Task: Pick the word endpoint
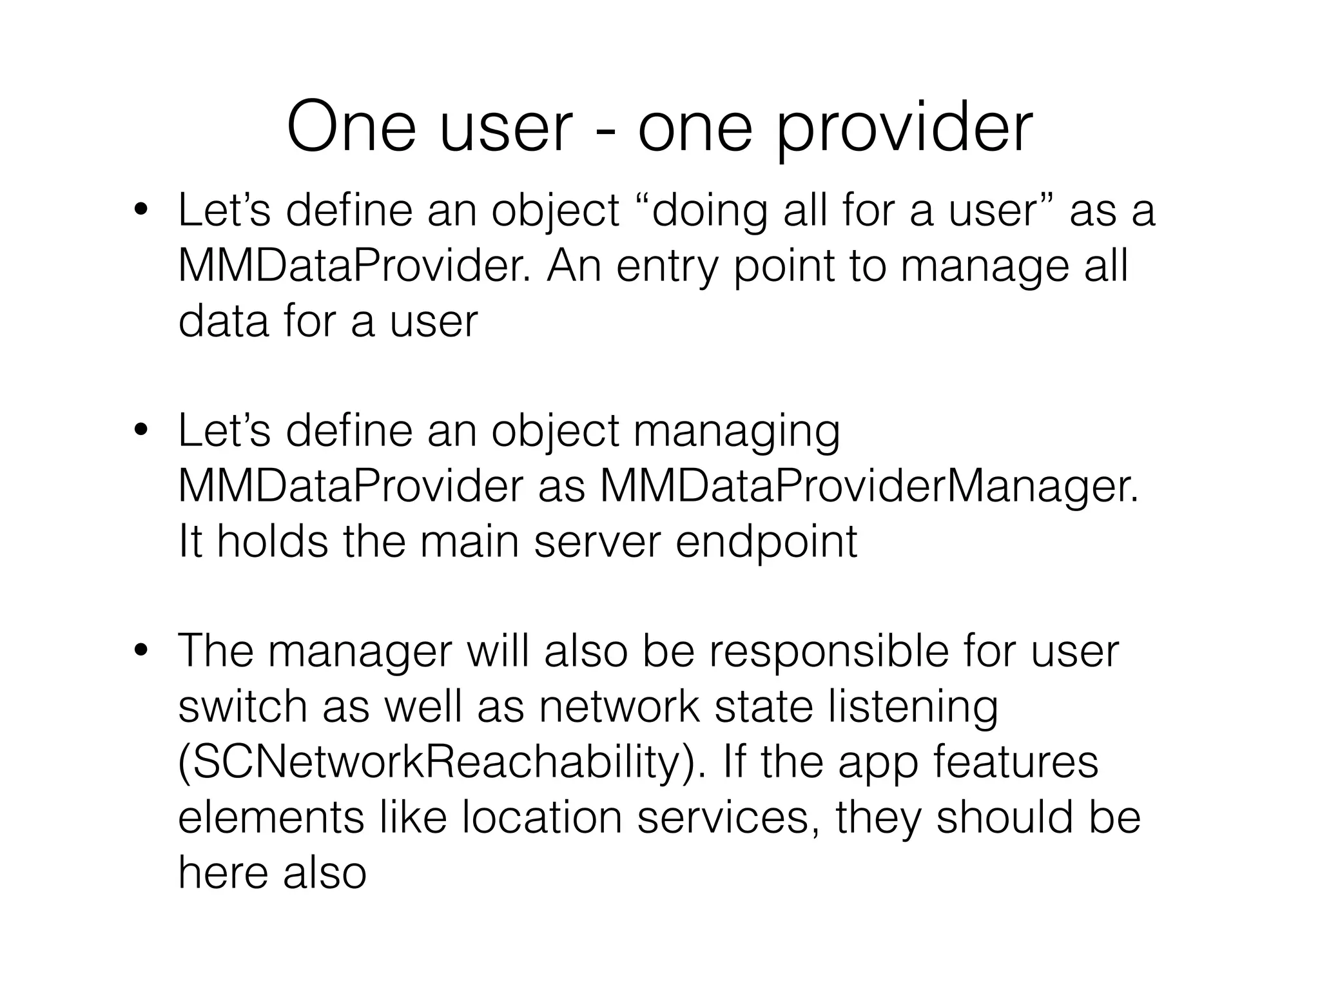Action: [x=766, y=543]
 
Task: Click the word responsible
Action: [x=829, y=652]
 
